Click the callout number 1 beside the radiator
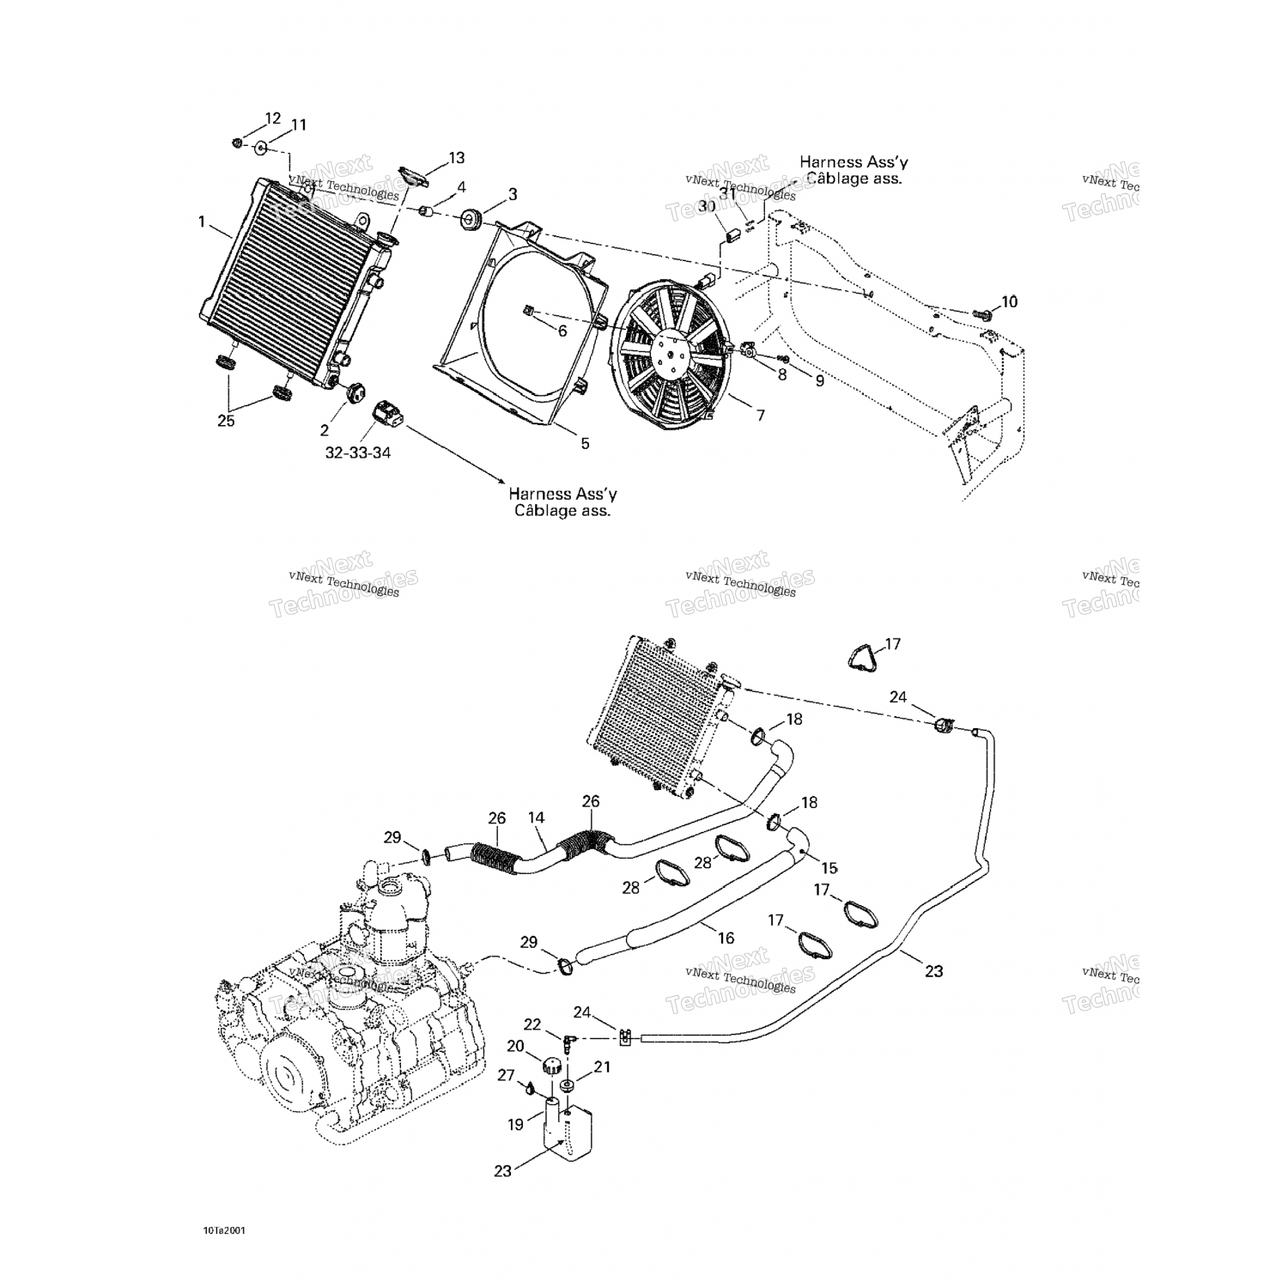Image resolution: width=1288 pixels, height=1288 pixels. (202, 222)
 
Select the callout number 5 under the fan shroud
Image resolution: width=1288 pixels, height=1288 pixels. (585, 443)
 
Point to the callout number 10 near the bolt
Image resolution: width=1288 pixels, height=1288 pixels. (1009, 301)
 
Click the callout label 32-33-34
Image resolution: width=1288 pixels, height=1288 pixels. (358, 452)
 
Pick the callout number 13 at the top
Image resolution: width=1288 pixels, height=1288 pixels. (456, 158)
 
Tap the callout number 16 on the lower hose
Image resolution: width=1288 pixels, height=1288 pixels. (726, 938)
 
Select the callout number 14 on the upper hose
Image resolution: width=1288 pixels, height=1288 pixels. (537, 818)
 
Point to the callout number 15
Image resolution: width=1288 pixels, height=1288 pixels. (829, 868)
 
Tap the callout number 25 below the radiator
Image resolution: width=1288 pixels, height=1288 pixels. (226, 421)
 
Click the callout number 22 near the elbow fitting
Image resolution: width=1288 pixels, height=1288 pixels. (532, 1024)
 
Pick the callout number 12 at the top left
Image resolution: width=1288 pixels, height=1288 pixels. (272, 118)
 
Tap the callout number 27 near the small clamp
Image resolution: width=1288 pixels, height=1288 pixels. (507, 1075)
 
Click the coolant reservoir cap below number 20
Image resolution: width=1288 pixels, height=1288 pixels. (554, 1067)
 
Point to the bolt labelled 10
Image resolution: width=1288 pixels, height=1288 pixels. (985, 315)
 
